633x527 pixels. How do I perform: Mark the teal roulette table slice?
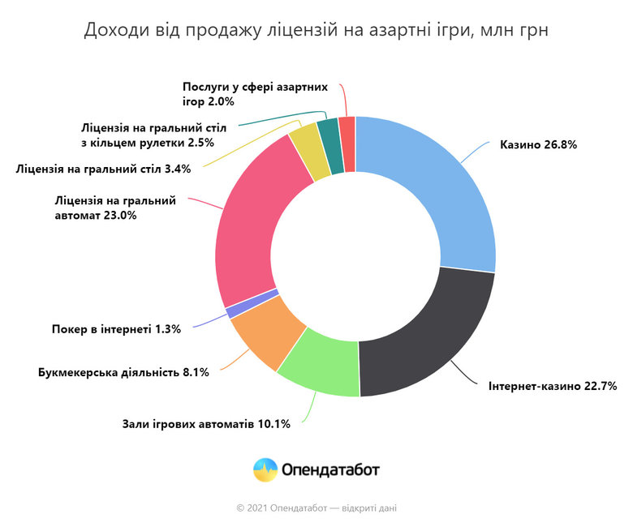pos(329,143)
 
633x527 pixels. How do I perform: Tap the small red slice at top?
pos(347,141)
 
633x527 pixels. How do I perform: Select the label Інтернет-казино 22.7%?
pos(553,386)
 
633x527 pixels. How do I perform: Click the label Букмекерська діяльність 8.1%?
pos(123,372)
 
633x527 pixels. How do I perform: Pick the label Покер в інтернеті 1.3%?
pos(122,329)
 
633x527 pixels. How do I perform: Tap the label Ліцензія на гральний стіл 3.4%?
pos(102,169)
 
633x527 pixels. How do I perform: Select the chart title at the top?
pos(316,31)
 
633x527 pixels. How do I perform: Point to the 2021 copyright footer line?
pos(316,508)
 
